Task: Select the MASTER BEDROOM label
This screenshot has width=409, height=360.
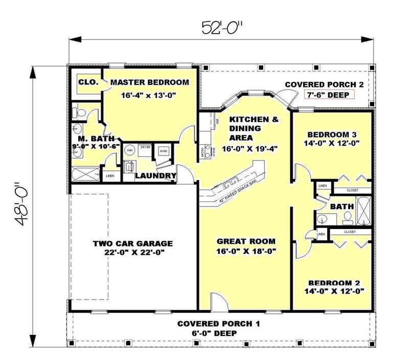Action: (149, 82)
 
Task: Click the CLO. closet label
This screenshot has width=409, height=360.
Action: (85, 81)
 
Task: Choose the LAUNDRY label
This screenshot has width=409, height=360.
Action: (155, 176)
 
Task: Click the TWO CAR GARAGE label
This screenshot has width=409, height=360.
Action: (132, 243)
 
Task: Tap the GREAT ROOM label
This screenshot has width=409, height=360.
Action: (246, 241)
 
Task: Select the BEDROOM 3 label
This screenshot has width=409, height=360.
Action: (332, 134)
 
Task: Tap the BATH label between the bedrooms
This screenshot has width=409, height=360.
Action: (342, 207)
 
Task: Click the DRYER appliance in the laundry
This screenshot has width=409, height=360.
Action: (145, 147)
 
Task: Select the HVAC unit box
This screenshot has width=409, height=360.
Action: (164, 151)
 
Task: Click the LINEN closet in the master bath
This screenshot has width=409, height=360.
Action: (110, 176)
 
